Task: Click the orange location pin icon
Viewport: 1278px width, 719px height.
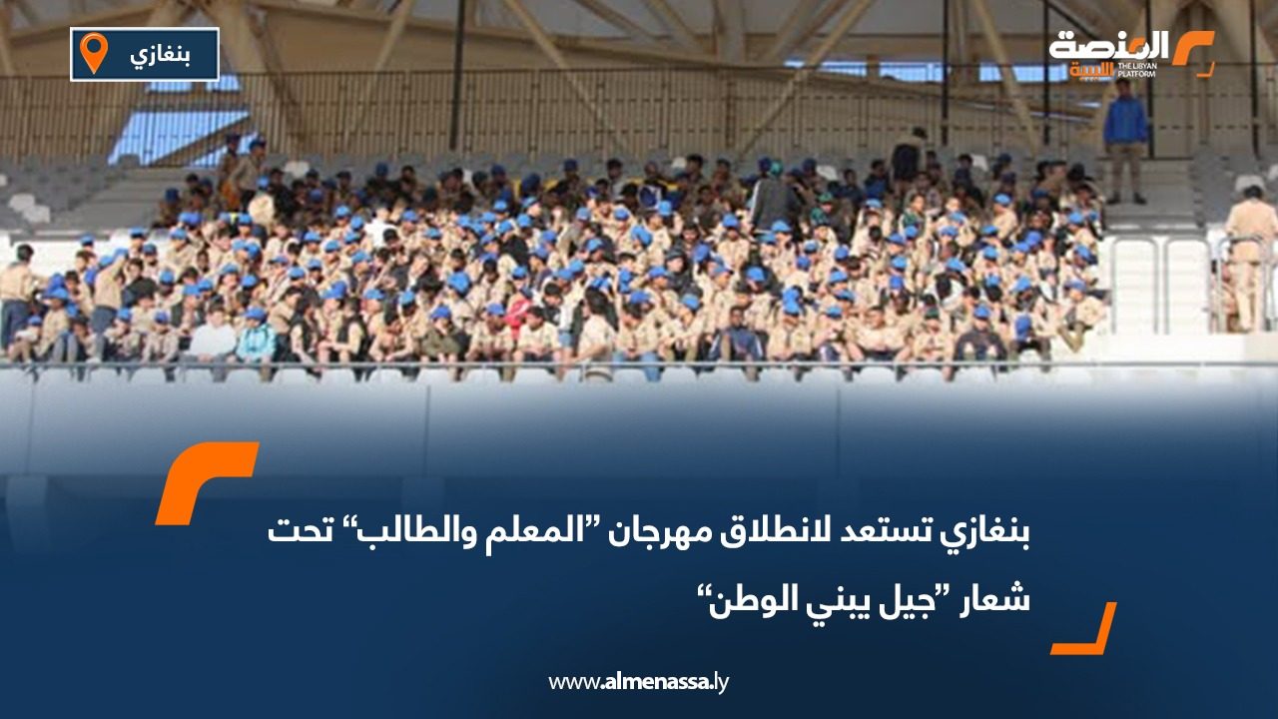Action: click(x=93, y=52)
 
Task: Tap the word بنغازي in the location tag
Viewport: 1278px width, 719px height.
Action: click(x=161, y=54)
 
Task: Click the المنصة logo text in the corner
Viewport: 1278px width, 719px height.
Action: click(x=1108, y=48)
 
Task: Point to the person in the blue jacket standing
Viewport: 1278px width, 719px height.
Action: click(x=1125, y=135)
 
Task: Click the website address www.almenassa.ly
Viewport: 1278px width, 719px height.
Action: click(x=639, y=682)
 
